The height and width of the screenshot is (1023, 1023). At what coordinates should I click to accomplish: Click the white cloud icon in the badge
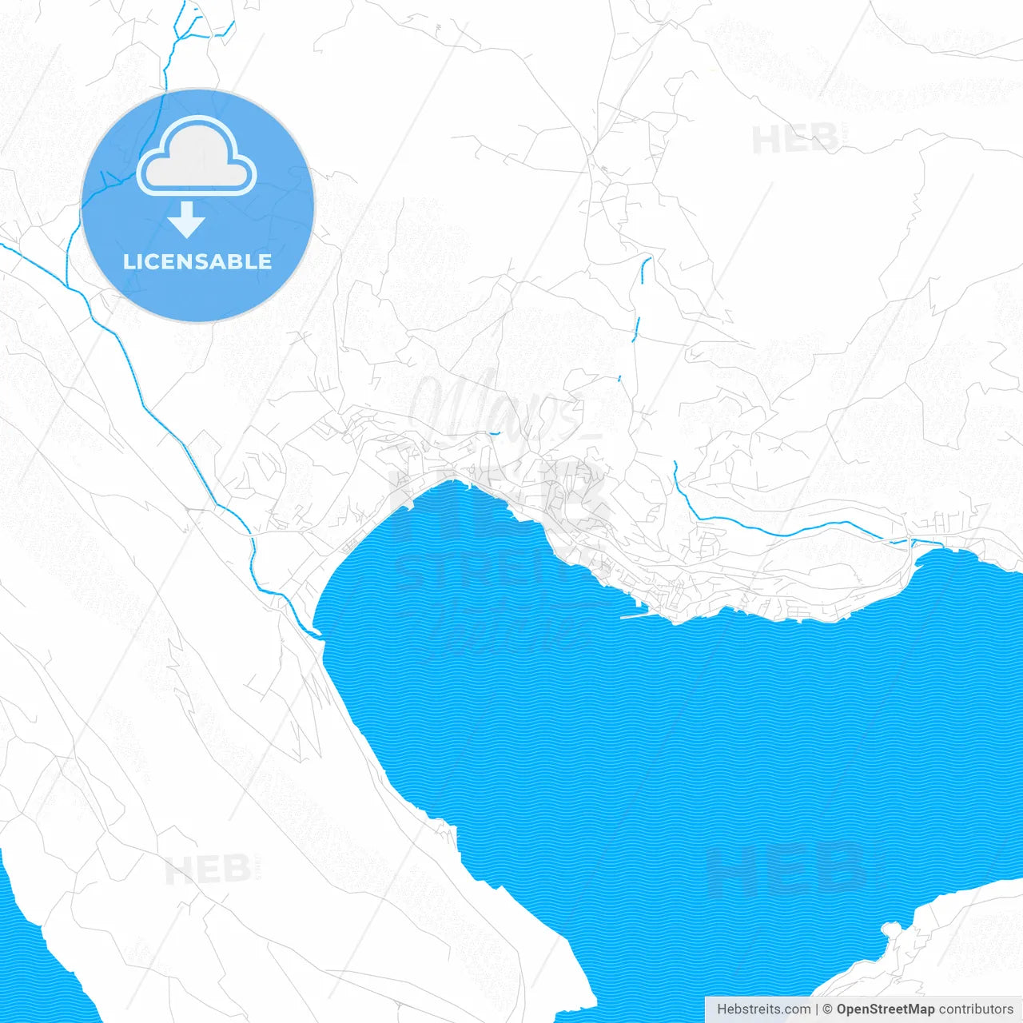[x=197, y=157]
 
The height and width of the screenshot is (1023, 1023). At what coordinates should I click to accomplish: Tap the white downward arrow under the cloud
[x=187, y=220]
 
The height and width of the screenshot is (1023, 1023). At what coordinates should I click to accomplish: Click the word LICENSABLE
[x=197, y=261]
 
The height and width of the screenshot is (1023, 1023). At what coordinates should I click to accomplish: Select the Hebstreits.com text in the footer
[x=763, y=1009]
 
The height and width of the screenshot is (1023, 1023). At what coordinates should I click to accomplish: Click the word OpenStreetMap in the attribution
[x=885, y=1009]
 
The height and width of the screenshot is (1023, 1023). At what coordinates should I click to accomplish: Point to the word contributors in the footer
[x=975, y=1009]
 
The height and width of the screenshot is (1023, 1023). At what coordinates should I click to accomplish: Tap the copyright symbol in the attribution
[x=827, y=1009]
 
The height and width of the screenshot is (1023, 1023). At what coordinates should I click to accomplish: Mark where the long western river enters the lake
[x=317, y=634]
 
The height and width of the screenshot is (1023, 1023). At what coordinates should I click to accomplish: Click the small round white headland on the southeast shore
[x=890, y=929]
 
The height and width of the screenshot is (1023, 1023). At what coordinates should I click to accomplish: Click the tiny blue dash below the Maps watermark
[x=495, y=433]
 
